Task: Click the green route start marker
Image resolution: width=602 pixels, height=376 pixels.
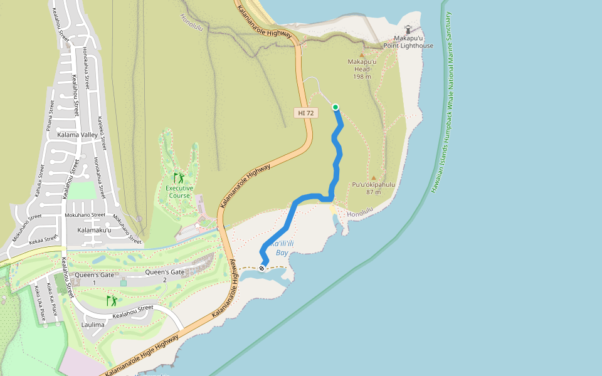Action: tap(335, 107)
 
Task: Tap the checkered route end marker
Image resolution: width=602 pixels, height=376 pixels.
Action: tap(262, 268)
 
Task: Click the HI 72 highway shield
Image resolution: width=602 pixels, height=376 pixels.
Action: tap(306, 113)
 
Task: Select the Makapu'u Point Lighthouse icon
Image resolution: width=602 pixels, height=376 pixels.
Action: tap(408, 29)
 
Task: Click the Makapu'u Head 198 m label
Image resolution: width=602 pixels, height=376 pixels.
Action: tap(362, 69)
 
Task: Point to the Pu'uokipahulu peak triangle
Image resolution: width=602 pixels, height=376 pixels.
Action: tap(374, 178)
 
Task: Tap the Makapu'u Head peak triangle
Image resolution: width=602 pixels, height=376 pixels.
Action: tap(361, 55)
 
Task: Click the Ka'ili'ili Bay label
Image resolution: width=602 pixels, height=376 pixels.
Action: tap(282, 248)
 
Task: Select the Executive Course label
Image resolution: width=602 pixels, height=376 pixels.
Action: tap(179, 192)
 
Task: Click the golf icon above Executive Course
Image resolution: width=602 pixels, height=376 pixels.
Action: tap(179, 177)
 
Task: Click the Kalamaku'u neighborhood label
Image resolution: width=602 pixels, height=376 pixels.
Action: tap(93, 231)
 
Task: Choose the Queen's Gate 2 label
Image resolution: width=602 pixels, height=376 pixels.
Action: tap(165, 276)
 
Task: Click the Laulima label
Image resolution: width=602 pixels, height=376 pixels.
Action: tap(93, 325)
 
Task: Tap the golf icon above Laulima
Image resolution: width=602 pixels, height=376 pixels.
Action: tap(112, 301)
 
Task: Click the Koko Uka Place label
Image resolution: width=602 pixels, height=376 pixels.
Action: tap(41, 303)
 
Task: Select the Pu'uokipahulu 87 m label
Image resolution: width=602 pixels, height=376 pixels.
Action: tap(374, 188)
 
